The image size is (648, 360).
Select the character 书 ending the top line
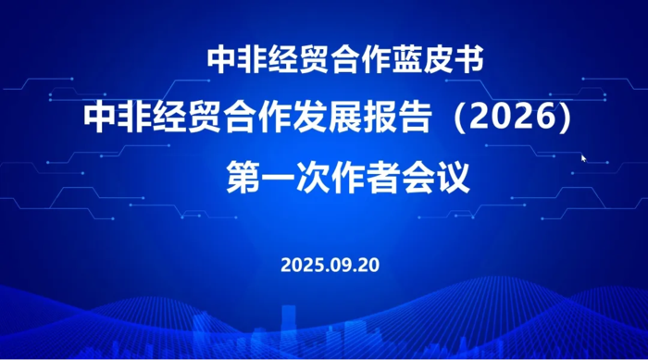(469, 60)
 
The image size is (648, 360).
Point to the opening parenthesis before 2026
(460, 118)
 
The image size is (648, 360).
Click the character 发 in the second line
(310, 117)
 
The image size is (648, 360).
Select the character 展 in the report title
(344, 117)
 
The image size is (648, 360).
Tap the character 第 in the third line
(243, 177)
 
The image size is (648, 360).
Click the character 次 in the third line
(313, 177)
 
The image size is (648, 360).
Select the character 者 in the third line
(383, 177)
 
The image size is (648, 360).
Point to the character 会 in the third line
(417, 177)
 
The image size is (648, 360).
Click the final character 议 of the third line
(453, 177)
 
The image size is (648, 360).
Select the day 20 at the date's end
(368, 265)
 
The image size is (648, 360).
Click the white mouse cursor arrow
(583, 158)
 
